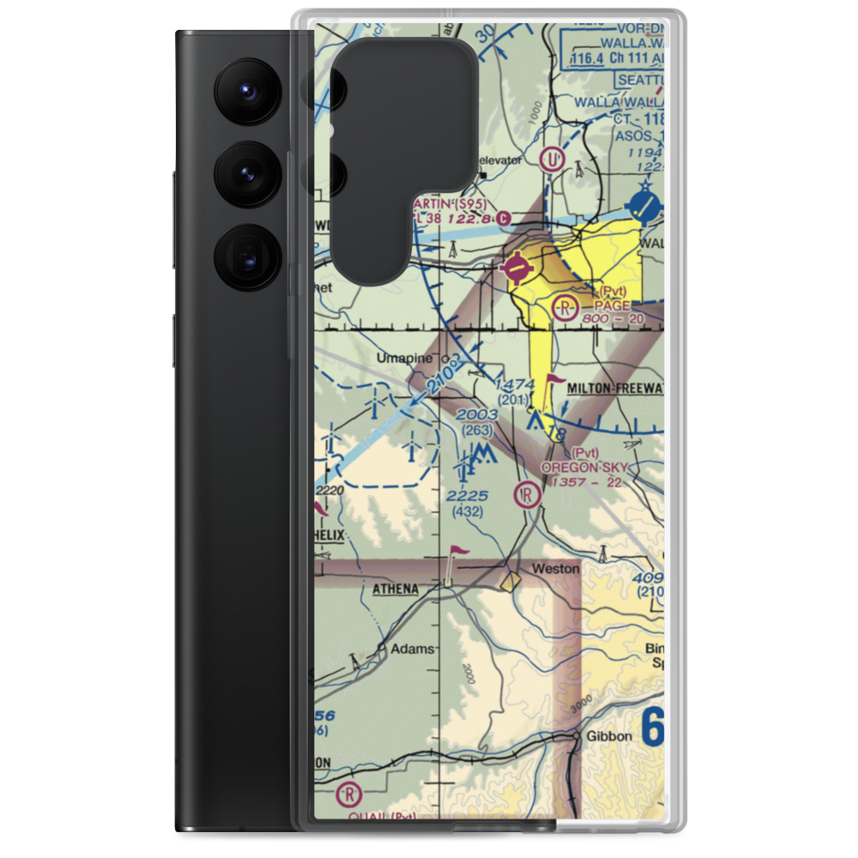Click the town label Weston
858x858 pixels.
pyautogui.click(x=555, y=569)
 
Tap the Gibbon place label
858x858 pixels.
pyautogui.click(x=608, y=737)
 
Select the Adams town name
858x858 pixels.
pyautogui.click(x=412, y=650)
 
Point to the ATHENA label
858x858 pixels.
pyautogui.click(x=395, y=589)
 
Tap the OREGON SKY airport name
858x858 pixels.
pyautogui.click(x=583, y=468)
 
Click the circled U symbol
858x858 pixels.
pyautogui.click(x=553, y=159)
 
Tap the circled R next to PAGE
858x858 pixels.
pyautogui.click(x=565, y=306)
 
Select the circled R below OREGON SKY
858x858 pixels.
pyautogui.click(x=525, y=494)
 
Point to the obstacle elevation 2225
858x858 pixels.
pyautogui.click(x=468, y=496)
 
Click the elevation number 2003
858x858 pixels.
pyautogui.click(x=477, y=415)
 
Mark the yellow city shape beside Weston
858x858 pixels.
pyautogui.click(x=511, y=583)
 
